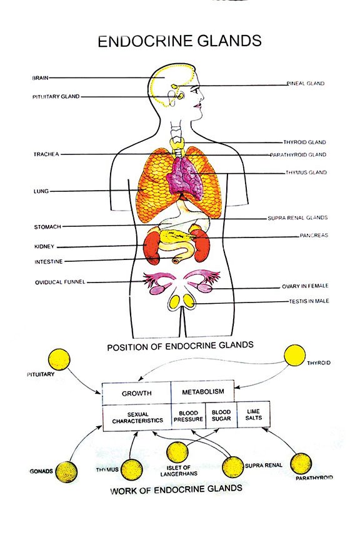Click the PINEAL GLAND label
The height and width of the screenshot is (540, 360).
point(306,83)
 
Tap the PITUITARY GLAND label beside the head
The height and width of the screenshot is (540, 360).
point(56,97)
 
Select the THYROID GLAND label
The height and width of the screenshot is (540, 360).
point(304,142)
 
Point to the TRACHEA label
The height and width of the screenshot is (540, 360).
point(46,154)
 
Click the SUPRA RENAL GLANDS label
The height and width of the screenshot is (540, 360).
point(297,217)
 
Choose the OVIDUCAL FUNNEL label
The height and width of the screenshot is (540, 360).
point(60,282)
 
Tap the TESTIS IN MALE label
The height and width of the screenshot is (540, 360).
point(309,301)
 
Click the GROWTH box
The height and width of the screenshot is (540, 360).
point(136,393)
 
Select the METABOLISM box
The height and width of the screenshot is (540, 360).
point(202,391)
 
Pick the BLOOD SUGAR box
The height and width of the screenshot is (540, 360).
point(221,416)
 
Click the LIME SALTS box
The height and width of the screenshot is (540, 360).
point(254,414)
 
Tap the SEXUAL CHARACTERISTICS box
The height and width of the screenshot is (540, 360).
point(137,417)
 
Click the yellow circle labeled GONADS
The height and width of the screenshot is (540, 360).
point(66,472)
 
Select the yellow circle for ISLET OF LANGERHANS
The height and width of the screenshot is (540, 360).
point(177,452)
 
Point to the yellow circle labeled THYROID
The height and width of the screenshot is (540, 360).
point(294,356)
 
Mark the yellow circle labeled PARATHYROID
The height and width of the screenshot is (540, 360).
point(301,464)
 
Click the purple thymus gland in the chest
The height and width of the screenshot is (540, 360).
point(184,178)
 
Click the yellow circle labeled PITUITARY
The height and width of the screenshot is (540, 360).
point(59,359)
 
